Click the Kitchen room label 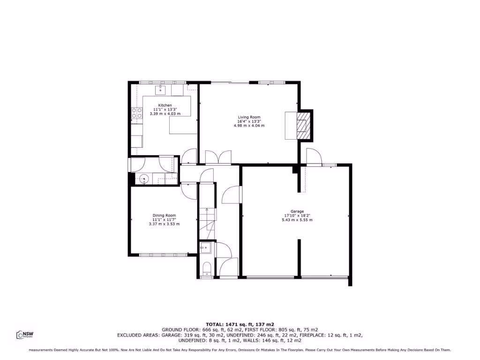(165, 105)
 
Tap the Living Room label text (249, 117)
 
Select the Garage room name (297, 211)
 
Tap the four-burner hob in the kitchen (137, 113)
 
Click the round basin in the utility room (144, 178)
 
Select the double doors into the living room (218, 157)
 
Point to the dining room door (188, 192)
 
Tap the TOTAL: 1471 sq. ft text (240, 324)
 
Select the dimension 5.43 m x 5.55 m (297, 220)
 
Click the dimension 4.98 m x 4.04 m (249, 126)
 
